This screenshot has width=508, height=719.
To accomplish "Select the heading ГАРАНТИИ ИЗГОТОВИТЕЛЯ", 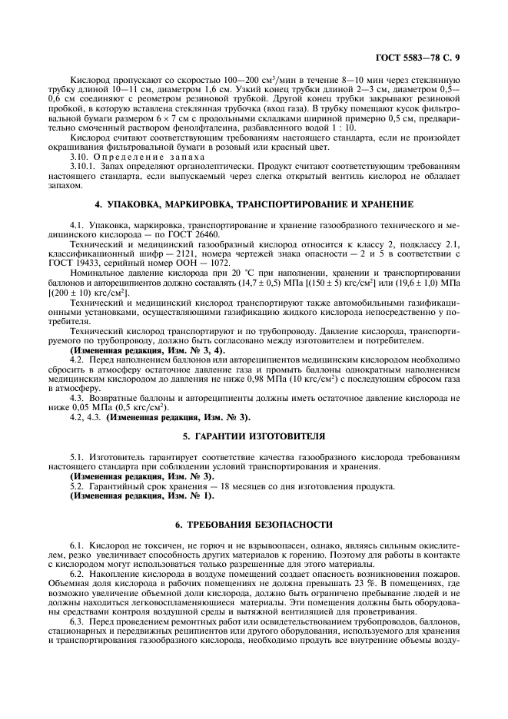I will pos(254,436).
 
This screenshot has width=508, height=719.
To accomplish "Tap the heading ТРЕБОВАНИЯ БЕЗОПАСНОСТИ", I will pos(254,525).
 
